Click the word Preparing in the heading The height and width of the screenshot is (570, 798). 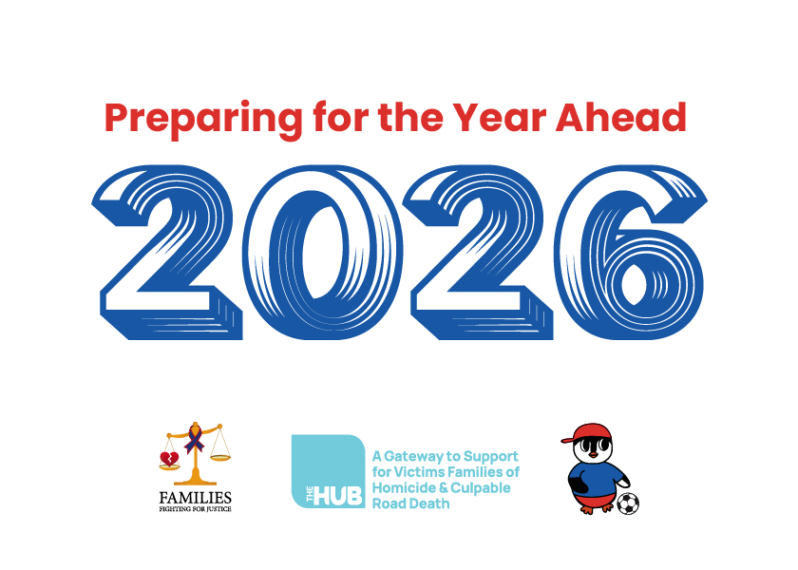pos(203,120)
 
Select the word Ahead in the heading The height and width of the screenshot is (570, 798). pos(621,117)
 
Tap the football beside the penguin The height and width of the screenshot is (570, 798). pos(628,503)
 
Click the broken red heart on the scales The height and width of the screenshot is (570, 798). pos(169,459)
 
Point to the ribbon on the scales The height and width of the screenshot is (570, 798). pos(195,438)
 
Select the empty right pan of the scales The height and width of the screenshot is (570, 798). pos(220,458)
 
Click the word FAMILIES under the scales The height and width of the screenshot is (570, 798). pos(196,497)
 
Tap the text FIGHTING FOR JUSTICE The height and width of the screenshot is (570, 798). pos(196,509)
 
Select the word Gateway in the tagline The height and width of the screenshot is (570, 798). pos(414,456)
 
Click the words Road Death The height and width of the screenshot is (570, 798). pos(411,503)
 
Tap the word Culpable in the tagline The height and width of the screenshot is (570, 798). pos(481,488)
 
